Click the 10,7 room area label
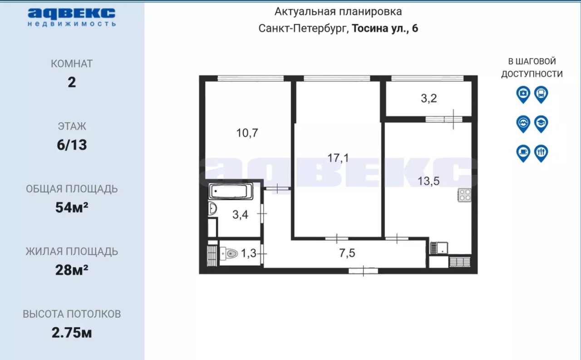click(247, 133)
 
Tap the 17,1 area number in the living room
click(338, 158)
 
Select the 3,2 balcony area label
click(429, 99)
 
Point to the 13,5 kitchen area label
click(428, 181)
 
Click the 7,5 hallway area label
click(347, 253)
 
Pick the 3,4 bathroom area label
click(240, 215)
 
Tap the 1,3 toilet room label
click(248, 253)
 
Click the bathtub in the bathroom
click(231, 192)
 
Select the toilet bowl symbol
click(229, 253)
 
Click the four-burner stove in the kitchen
click(464, 195)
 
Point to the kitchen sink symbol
click(439, 248)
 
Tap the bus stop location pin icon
click(541, 95)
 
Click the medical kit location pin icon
click(523, 95)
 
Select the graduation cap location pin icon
click(541, 124)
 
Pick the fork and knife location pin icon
click(541, 153)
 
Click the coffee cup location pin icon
click(523, 153)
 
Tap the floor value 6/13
click(72, 145)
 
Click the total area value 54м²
click(72, 207)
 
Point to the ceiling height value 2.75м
click(72, 332)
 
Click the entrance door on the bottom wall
click(363, 271)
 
